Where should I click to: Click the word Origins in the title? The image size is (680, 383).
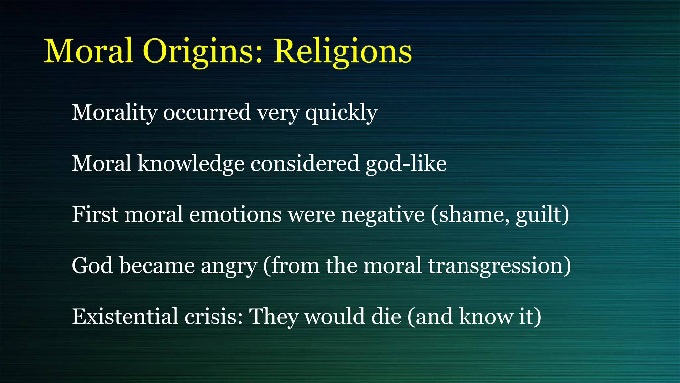203,52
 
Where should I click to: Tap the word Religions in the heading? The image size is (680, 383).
342,52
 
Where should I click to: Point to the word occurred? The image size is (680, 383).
207,113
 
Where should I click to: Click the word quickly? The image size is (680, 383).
341,113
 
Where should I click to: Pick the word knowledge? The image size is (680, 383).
191,164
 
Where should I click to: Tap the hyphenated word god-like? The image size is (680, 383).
406,164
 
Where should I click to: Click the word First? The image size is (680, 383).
95,214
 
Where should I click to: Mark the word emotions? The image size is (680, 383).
235,214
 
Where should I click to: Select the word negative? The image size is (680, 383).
383,214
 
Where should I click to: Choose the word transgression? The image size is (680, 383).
496,266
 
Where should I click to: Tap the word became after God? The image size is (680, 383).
157,266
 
